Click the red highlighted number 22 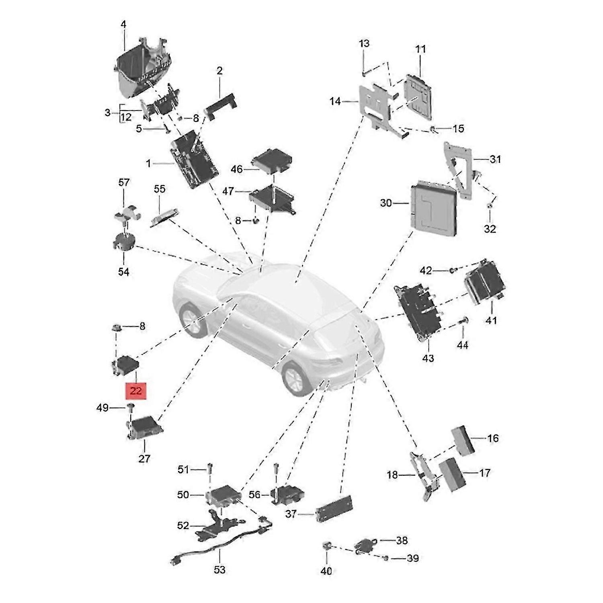(136, 390)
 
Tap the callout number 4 (123, 25)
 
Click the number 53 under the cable (220, 569)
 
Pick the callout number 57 (124, 183)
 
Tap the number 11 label (420, 49)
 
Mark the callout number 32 (490, 229)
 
